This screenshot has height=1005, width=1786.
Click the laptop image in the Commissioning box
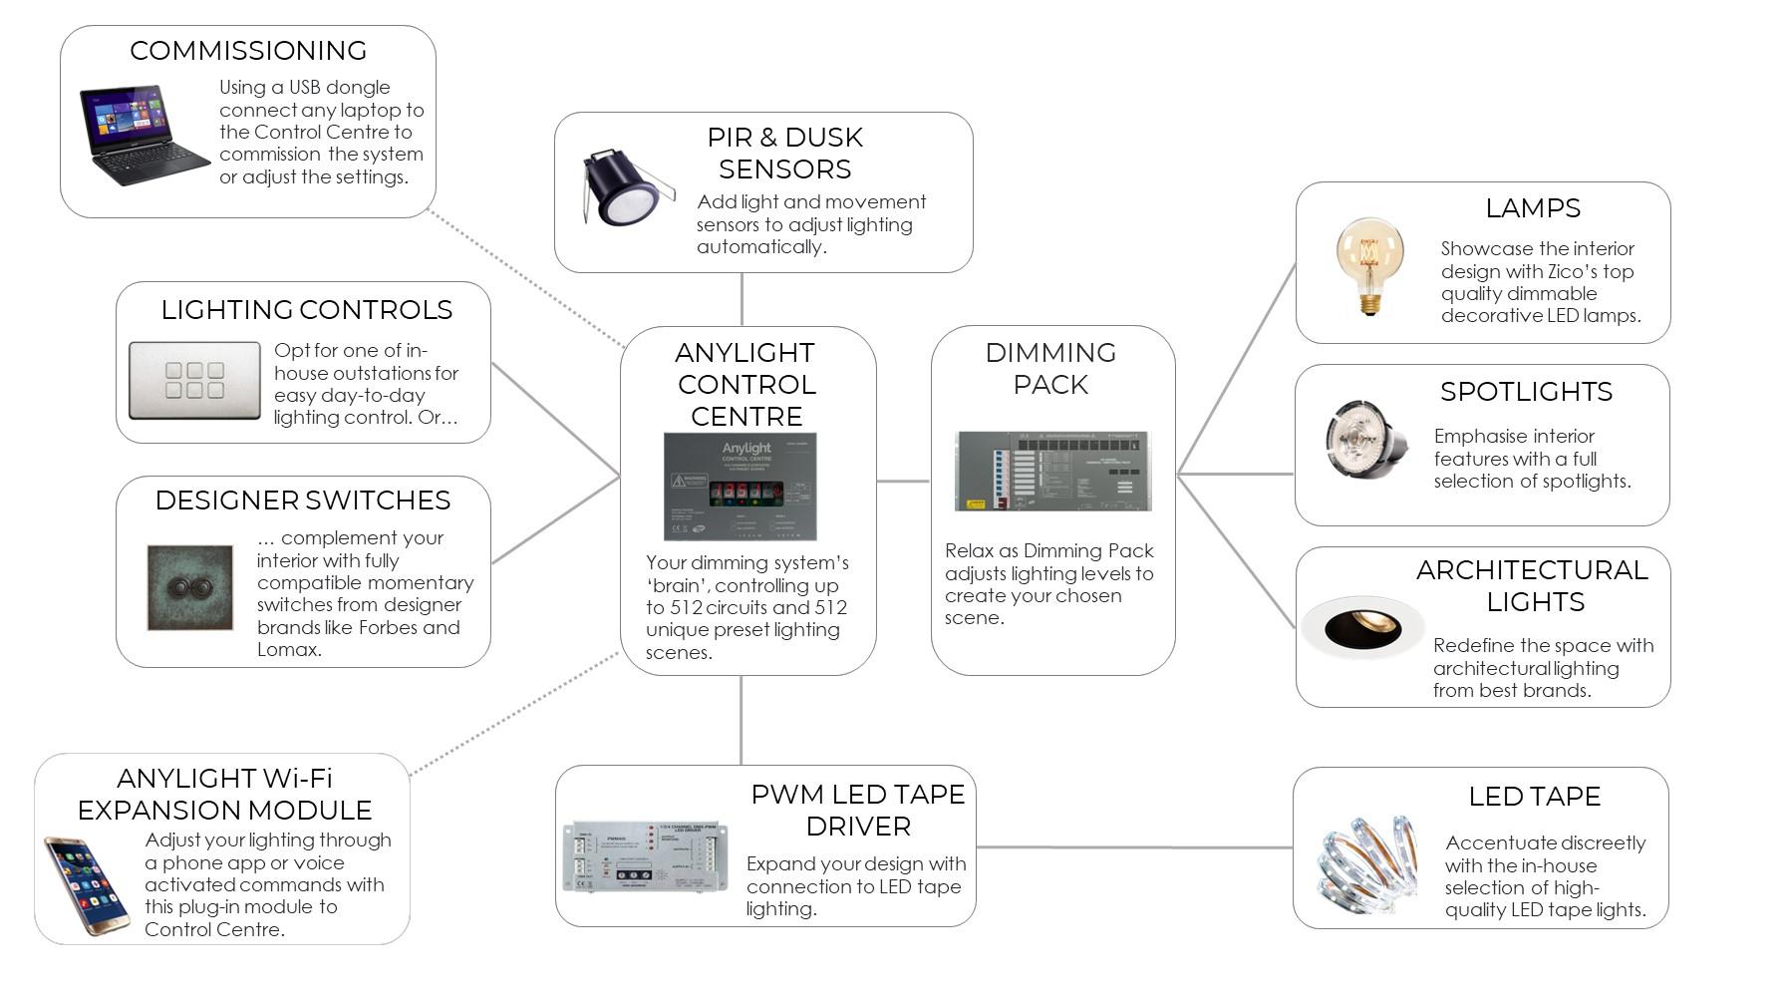(144, 136)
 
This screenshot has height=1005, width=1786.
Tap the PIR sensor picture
(622, 188)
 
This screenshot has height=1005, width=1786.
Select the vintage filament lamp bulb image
(1369, 265)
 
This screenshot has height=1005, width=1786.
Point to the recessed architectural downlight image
(1362, 628)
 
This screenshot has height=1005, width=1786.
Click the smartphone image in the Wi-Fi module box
(86, 886)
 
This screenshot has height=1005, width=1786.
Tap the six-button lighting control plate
(194, 381)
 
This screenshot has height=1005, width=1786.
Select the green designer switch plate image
(190, 587)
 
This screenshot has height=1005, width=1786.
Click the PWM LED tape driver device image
(645, 856)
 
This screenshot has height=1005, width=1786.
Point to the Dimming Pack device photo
(1052, 471)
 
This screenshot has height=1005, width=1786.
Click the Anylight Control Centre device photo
(740, 487)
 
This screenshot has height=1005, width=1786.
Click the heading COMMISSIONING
(248, 51)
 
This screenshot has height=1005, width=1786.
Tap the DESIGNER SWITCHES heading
(303, 501)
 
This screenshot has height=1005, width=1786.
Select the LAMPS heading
(1532, 208)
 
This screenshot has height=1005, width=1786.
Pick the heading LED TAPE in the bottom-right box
(1534, 797)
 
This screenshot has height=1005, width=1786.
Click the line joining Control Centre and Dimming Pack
(903, 481)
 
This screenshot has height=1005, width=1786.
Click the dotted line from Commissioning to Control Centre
(528, 279)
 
